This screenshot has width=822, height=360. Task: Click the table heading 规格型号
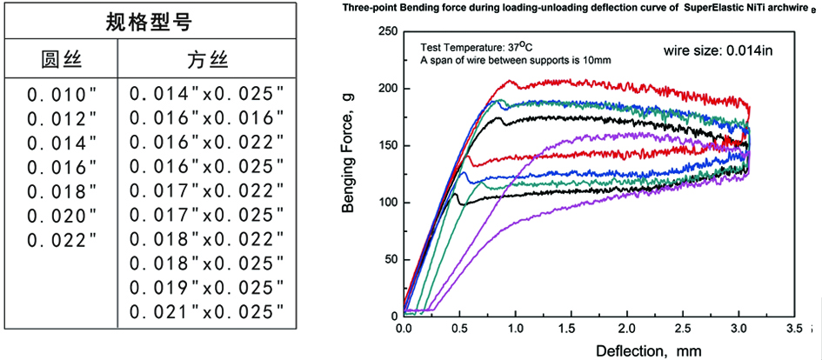tap(149, 19)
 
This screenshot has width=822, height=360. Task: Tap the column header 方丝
tap(207, 59)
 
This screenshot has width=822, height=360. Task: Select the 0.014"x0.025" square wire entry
tap(207, 94)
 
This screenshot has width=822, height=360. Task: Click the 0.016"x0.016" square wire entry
tap(207, 118)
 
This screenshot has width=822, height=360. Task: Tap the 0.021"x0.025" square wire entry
tap(207, 311)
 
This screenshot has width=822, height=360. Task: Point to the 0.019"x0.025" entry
tap(207, 287)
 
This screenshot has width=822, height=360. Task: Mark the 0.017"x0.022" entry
tap(207, 190)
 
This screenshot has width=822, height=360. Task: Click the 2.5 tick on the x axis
tap(683, 330)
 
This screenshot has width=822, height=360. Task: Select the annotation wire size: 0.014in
tap(718, 50)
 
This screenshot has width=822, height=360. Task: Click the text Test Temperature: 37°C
tap(475, 47)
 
